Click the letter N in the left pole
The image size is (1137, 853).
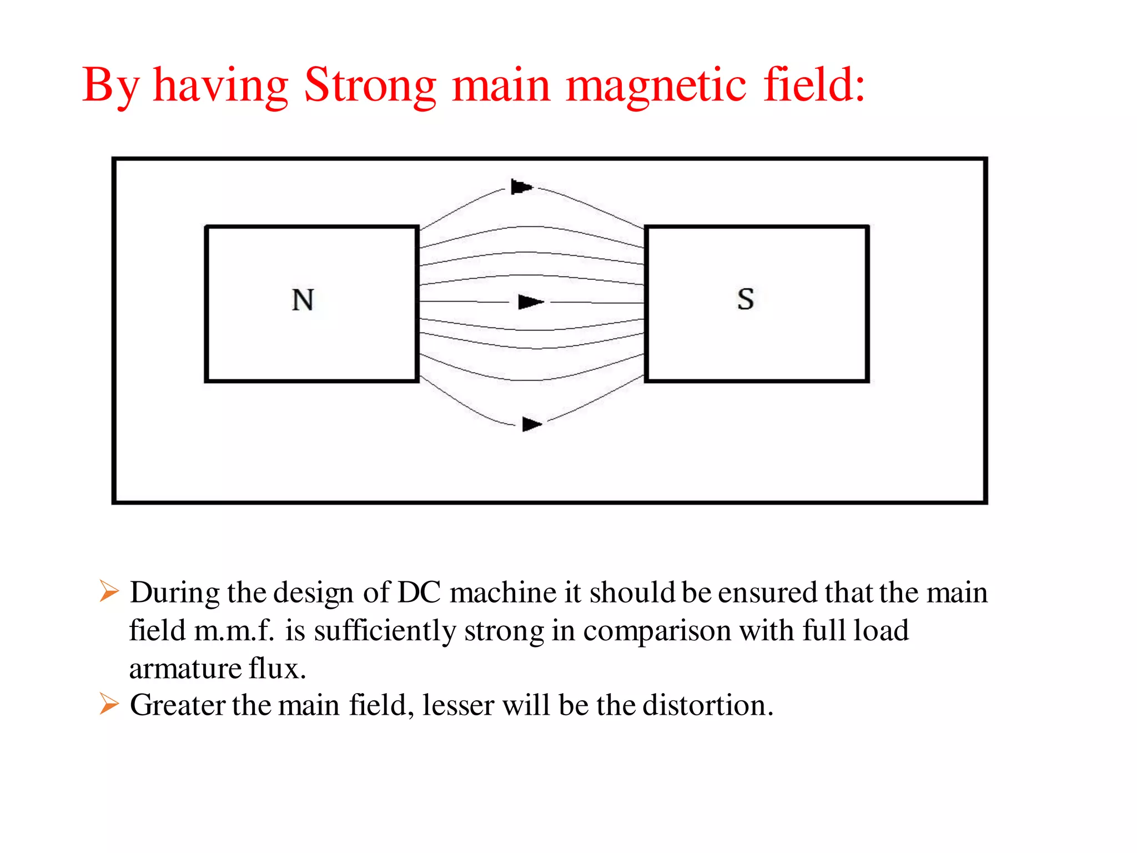pyautogui.click(x=303, y=300)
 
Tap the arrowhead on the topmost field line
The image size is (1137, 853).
pyautogui.click(x=521, y=187)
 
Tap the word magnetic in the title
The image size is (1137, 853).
pyautogui.click(x=656, y=86)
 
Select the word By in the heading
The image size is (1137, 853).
pyautogui.click(x=110, y=86)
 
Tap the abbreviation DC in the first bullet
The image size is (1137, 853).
pyautogui.click(x=419, y=592)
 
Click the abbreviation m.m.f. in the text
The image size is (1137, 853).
pyautogui.click(x=234, y=631)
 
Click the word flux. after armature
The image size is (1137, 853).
pyautogui.click(x=277, y=668)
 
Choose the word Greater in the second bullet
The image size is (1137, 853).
pyautogui.click(x=178, y=705)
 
